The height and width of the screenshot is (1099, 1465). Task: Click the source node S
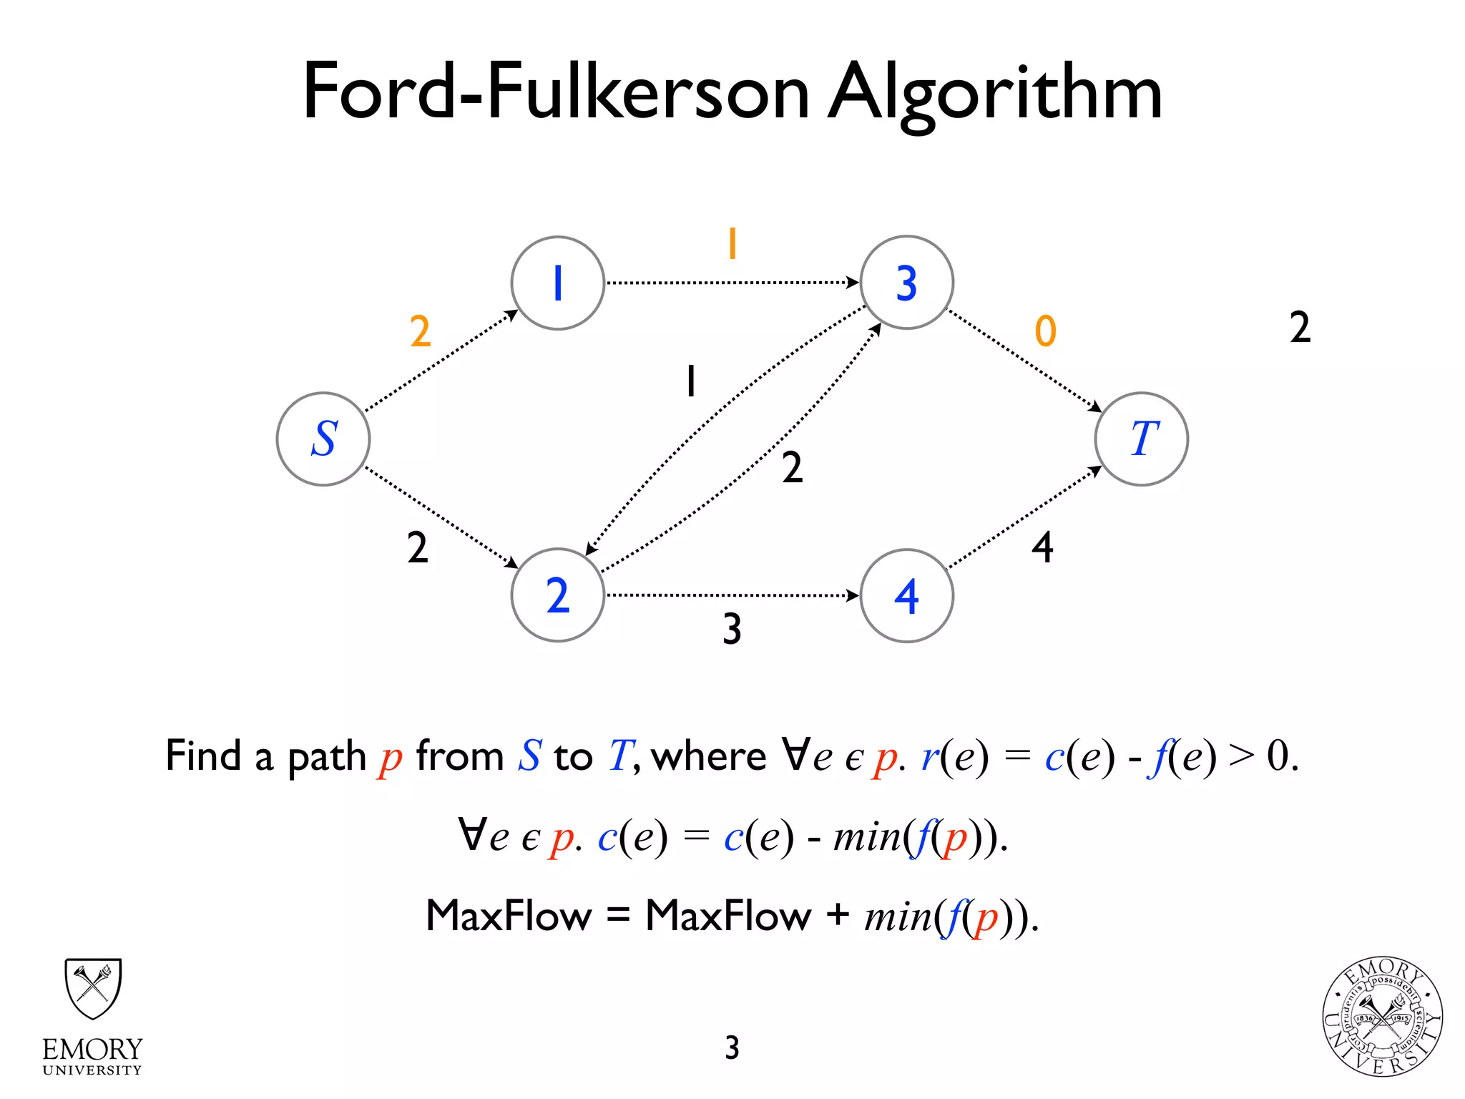point(323,439)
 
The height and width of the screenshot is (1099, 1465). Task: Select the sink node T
point(1141,439)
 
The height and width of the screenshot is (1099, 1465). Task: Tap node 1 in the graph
point(558,283)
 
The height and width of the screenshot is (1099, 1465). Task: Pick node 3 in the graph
point(906,283)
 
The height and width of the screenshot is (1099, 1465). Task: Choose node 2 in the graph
point(558,595)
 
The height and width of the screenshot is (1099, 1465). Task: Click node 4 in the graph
point(906,595)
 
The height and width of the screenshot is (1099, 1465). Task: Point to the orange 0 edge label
point(1045,331)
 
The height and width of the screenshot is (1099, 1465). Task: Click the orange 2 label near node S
point(421,331)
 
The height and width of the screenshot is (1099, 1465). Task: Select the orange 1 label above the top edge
point(732,244)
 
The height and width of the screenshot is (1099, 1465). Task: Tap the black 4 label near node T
point(1042,548)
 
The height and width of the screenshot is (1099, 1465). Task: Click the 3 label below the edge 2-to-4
point(732,629)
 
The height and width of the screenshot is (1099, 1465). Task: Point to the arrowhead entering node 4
point(853,595)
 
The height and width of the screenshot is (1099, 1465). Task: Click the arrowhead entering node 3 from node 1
point(853,283)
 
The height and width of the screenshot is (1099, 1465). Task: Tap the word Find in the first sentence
point(203,756)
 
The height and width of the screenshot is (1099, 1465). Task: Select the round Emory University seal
point(1382,1017)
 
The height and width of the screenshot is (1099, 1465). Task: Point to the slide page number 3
point(732,1047)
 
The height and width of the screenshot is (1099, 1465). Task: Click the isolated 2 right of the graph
point(1300,327)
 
